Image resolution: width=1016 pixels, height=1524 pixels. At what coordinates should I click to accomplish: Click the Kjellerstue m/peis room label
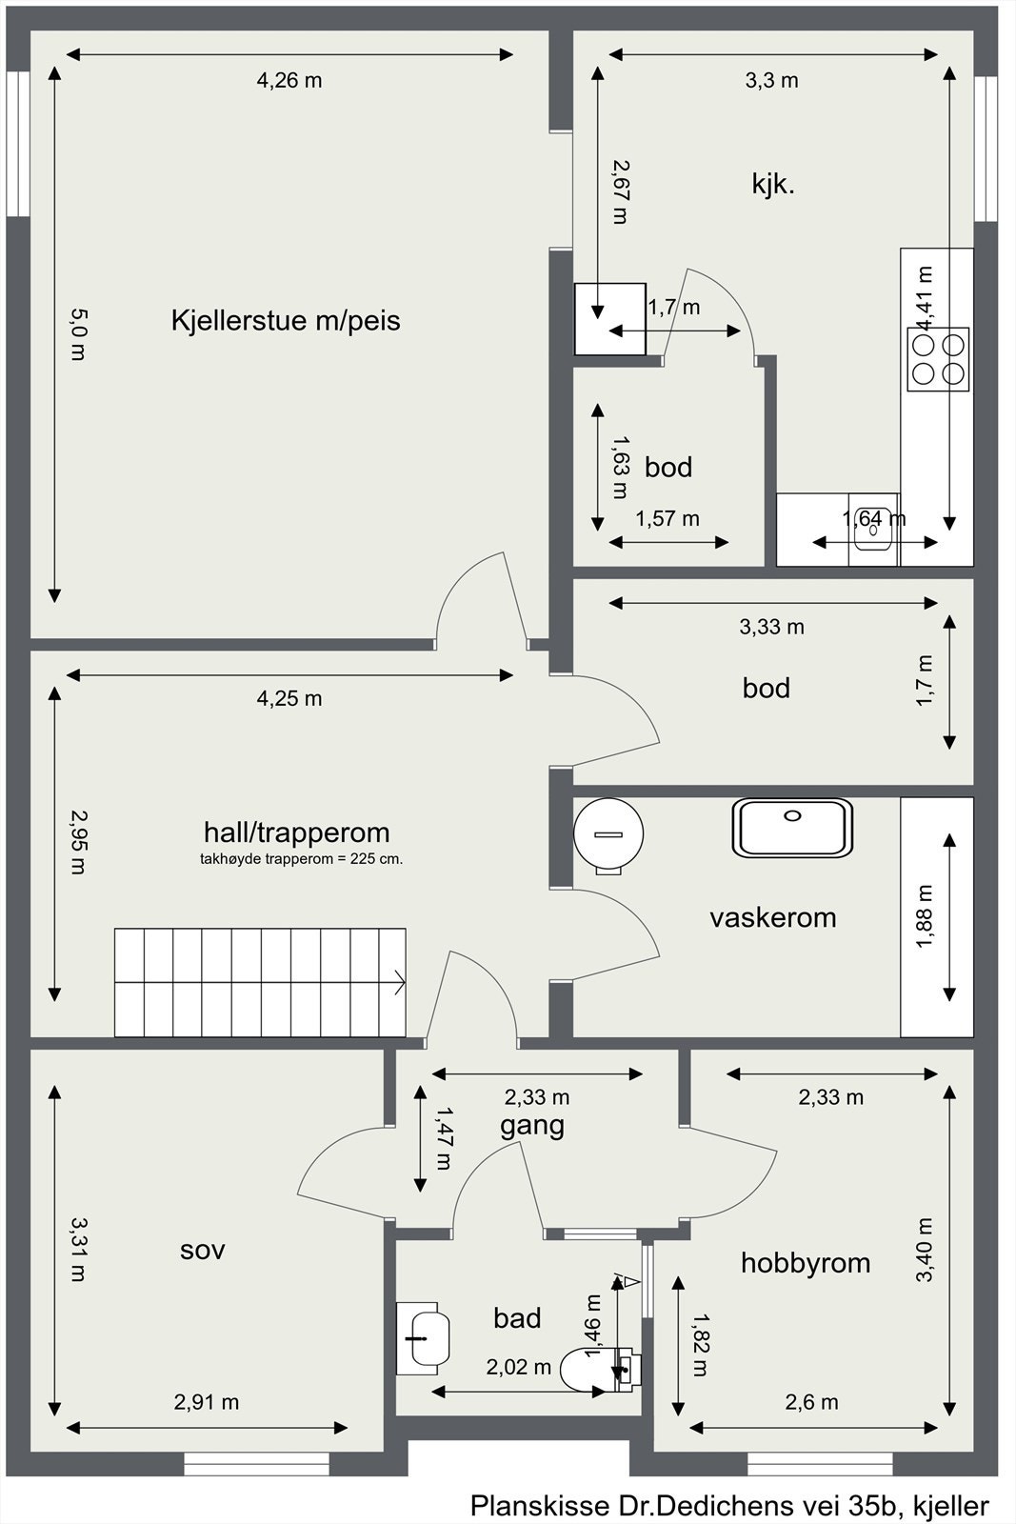[286, 320]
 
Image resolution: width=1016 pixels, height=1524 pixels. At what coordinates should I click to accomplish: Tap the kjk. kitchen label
[773, 184]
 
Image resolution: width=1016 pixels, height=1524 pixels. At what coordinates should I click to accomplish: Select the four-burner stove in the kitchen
[938, 358]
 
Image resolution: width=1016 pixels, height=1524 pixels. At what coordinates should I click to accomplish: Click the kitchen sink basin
[873, 530]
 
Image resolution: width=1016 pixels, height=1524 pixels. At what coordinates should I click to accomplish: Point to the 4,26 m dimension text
[289, 80]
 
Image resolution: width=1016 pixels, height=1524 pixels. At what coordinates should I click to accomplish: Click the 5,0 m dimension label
[78, 334]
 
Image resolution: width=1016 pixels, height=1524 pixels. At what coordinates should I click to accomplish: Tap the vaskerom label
[772, 918]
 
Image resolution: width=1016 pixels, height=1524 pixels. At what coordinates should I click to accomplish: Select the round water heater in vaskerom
[608, 834]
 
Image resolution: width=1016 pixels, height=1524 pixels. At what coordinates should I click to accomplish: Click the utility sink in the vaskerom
[792, 827]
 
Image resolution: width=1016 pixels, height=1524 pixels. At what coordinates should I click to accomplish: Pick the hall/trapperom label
[296, 832]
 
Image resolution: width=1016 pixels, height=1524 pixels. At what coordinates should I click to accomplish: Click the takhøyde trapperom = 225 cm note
[301, 859]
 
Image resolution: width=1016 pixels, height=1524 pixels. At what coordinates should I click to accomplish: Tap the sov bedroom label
[202, 1250]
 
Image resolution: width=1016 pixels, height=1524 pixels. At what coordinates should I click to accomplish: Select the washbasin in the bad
[423, 1338]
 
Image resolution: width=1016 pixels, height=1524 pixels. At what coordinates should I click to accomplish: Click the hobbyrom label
[806, 1263]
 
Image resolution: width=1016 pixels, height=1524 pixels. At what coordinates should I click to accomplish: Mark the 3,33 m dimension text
[772, 627]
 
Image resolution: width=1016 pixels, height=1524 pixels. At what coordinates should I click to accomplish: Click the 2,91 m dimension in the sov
[206, 1402]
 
